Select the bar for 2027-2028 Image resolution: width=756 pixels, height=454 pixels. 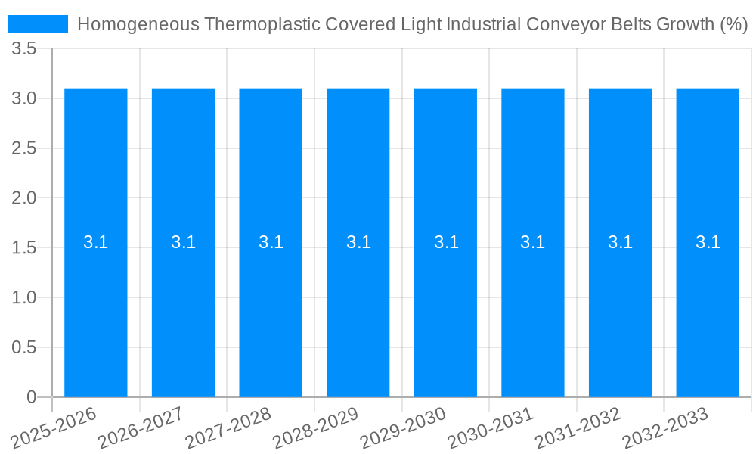271,303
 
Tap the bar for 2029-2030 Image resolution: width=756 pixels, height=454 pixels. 445,303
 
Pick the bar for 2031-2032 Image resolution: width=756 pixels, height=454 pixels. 620,303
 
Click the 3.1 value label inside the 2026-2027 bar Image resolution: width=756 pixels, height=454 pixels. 183,242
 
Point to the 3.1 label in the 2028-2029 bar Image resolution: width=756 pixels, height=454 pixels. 358,242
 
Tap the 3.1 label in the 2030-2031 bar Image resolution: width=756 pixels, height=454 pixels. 533,242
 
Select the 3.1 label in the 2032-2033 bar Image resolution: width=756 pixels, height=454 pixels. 708,242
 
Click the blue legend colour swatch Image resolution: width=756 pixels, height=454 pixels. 38,24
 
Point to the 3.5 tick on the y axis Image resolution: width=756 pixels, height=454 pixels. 24,49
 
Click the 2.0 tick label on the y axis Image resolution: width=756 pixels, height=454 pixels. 24,198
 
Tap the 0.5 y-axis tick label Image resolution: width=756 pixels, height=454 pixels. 24,347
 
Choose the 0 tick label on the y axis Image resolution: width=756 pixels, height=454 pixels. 31,397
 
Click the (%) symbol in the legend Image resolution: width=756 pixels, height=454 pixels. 733,24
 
